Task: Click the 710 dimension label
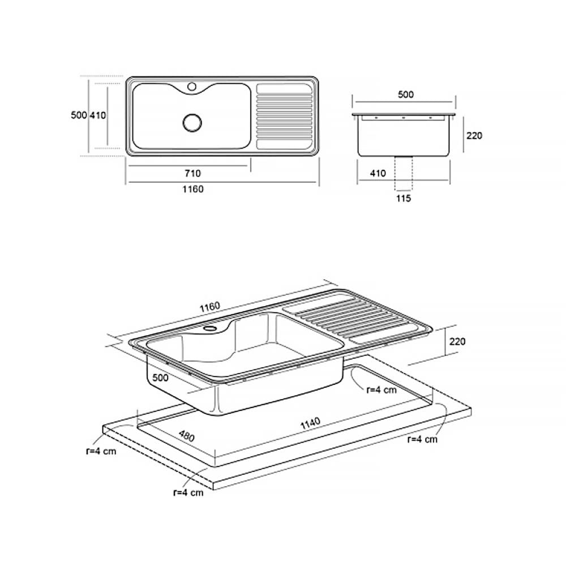click(192, 174)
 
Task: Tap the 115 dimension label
click(403, 198)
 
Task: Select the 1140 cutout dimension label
click(310, 423)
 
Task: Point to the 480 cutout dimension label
click(186, 436)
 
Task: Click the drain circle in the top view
click(192, 122)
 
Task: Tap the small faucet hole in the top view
click(192, 87)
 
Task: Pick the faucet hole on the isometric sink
click(209, 328)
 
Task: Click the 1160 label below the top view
click(193, 189)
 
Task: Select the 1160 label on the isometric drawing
click(210, 307)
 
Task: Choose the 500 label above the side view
click(405, 95)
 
